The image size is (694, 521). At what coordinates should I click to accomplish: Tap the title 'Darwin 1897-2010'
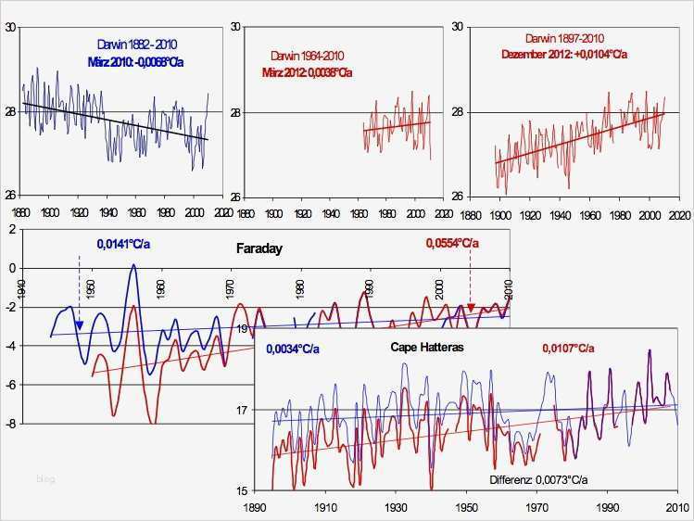[x=564, y=38]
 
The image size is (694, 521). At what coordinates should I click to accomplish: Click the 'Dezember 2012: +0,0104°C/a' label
[x=563, y=53]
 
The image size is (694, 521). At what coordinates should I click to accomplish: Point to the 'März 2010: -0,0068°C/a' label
[x=142, y=61]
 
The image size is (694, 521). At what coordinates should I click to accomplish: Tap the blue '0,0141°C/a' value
[x=121, y=245]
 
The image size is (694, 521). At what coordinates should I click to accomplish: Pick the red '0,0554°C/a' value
[x=453, y=243]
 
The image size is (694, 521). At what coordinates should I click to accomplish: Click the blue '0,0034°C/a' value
[x=293, y=349]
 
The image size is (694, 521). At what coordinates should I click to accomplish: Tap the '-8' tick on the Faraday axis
[x=13, y=424]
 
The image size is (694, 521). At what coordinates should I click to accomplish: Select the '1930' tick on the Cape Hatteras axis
[x=396, y=508]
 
